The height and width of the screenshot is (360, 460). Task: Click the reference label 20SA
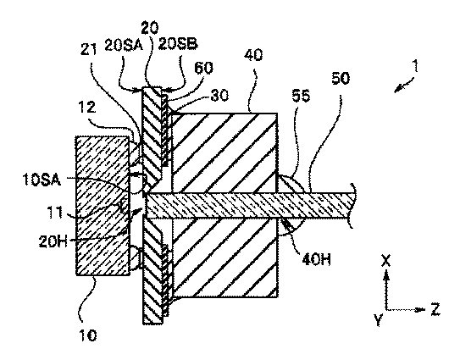124,46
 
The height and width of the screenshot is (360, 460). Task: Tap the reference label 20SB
178,43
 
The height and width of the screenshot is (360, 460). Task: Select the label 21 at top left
88,50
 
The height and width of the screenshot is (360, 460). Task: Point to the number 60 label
203,69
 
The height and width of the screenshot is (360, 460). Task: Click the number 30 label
219,96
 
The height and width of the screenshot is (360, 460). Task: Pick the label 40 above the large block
253,55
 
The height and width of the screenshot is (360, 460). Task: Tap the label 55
301,96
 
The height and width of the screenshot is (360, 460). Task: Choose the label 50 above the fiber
341,79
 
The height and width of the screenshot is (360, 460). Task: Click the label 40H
316,260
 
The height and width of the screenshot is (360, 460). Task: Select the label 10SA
42,180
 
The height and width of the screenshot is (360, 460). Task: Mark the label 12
87,108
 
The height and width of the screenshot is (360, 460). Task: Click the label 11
55,212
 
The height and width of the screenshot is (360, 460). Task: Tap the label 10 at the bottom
88,335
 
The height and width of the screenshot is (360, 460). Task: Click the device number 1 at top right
415,66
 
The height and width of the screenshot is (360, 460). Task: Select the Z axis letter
435,309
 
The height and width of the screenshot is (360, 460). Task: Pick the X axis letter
386,261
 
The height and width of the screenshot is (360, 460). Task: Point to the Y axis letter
379,320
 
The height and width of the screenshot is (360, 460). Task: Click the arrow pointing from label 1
404,85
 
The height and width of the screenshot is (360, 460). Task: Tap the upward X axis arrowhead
386,274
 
